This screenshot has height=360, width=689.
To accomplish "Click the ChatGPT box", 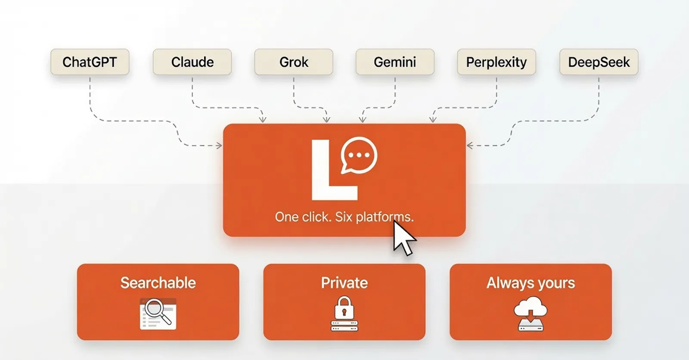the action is pos(90,62).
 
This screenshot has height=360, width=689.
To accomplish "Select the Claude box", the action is pos(192,62).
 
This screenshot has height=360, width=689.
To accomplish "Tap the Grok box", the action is pos(294,62).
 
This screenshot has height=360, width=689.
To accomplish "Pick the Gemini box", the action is pos(395,62).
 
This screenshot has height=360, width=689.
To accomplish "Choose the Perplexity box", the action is pos(497,62).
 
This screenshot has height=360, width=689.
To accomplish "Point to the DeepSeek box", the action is pos(599,62).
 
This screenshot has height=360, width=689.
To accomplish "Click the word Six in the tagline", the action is pos(344,217).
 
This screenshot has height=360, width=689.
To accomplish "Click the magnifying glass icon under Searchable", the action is pos(158,311).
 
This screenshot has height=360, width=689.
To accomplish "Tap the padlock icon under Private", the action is pos(344,308).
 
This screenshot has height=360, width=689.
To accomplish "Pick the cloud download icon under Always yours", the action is pos(531,313).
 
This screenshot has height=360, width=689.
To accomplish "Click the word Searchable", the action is pos(158,283).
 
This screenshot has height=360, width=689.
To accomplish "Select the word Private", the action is pos(344,283).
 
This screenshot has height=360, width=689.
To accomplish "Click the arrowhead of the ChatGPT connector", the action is pos(219,145).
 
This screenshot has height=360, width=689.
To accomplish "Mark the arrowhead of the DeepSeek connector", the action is pos(470,145).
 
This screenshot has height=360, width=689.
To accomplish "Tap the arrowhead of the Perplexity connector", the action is pos(433,119).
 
